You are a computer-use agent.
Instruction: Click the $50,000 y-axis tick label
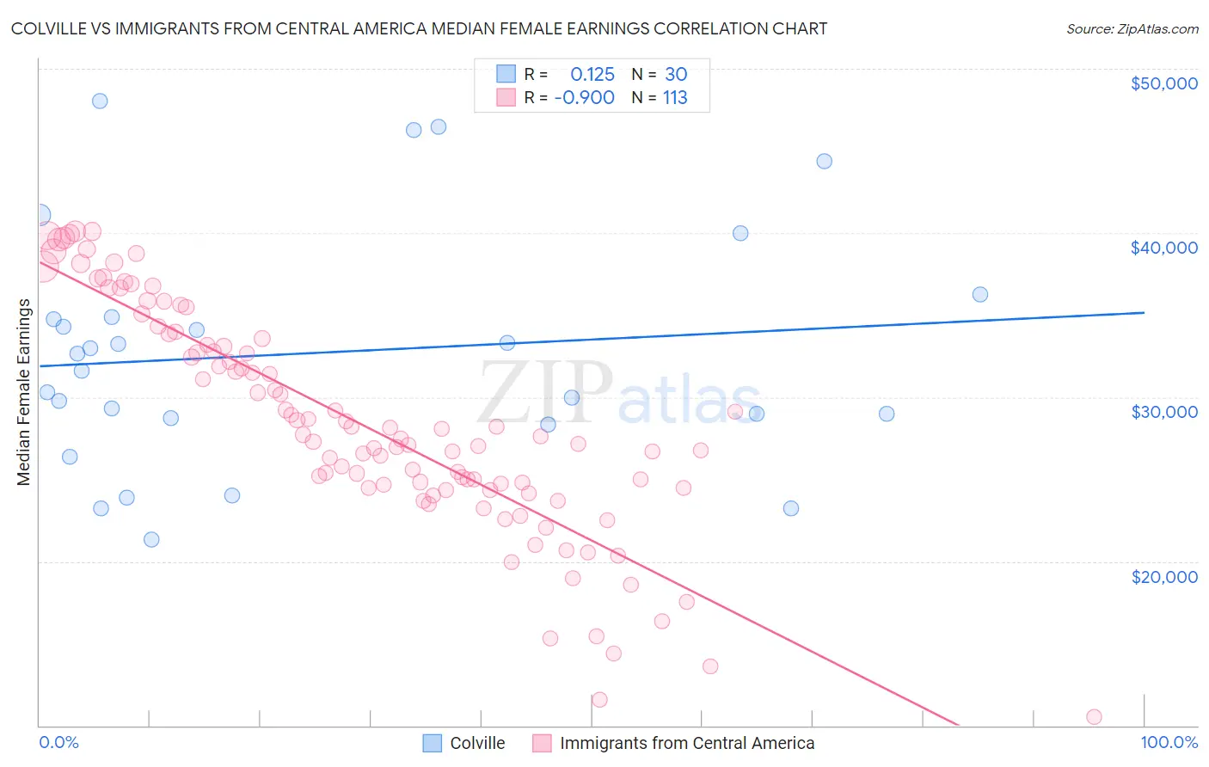click(x=1163, y=83)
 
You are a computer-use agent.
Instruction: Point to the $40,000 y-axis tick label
click(x=1163, y=248)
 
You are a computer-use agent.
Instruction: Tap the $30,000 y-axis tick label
click(x=1163, y=412)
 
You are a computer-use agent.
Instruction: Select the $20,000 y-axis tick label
click(x=1163, y=576)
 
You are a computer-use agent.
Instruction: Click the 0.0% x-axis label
click(x=58, y=743)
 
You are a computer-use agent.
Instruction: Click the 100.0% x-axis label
click(x=1169, y=743)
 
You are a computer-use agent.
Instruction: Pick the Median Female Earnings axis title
click(x=24, y=392)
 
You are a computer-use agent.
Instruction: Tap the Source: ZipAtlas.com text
click(x=1132, y=28)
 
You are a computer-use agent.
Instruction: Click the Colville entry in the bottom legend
click(x=477, y=743)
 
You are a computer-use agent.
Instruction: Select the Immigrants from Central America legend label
click(x=686, y=743)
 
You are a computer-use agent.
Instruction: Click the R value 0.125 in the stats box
click(x=592, y=74)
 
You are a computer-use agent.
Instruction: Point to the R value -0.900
click(x=584, y=98)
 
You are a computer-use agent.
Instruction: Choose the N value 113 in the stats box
click(x=675, y=98)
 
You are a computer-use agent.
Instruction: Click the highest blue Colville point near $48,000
click(x=100, y=101)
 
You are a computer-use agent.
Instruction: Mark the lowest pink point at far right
click(x=1094, y=717)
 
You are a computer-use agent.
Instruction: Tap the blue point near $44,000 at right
click(x=824, y=161)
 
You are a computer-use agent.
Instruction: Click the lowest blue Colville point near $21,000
click(x=151, y=540)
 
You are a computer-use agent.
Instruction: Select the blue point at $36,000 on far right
click(x=979, y=294)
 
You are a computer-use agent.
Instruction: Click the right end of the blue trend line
click(x=1144, y=313)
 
